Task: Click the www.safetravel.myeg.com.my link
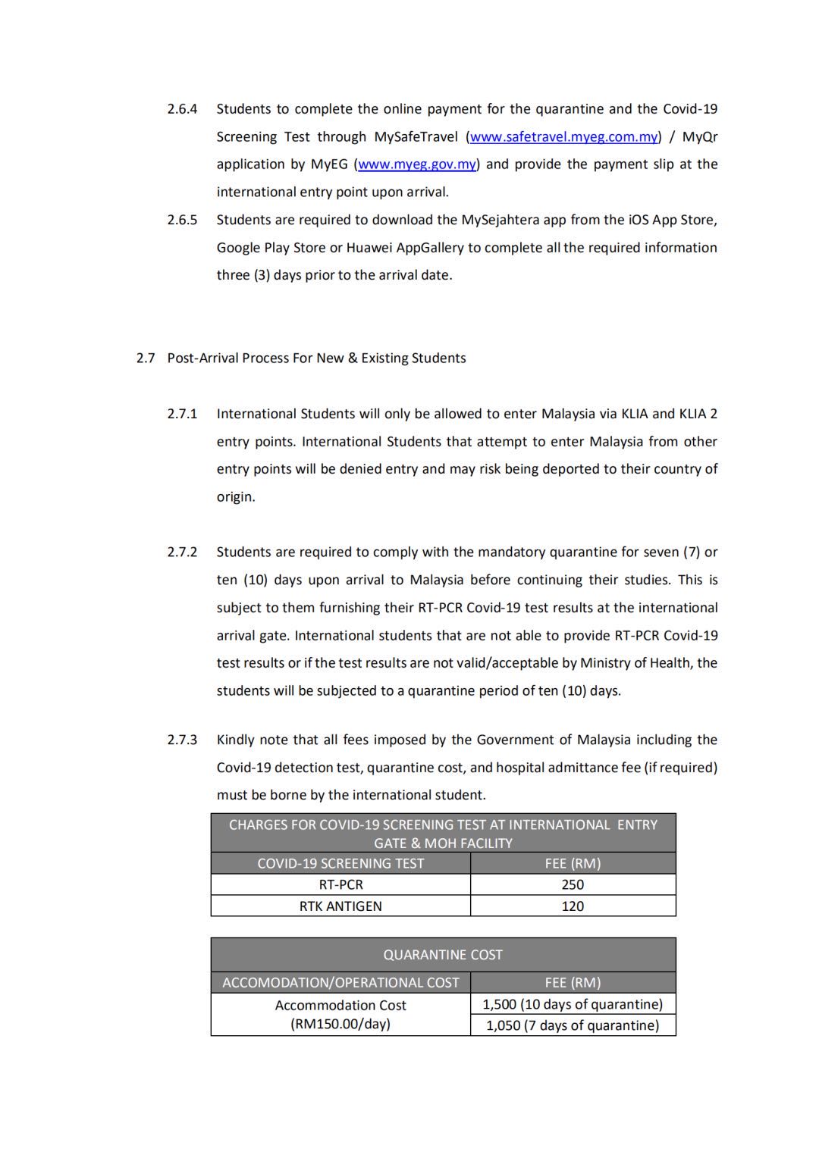pos(563,137)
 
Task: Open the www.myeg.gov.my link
pos(417,164)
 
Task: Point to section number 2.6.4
pos(182,109)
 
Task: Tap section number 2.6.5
pos(182,220)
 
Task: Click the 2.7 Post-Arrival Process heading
pos(301,358)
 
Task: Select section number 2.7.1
pos(182,414)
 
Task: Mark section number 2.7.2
pos(182,552)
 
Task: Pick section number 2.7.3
pos(182,740)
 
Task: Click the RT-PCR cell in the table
pos(340,885)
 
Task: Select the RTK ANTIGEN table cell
pos(340,906)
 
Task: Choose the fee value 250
pos(573,885)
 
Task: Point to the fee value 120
pos(573,906)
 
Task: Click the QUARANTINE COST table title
pos(443,955)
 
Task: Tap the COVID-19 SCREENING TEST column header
pos(340,864)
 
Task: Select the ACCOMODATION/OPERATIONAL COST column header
pos(340,983)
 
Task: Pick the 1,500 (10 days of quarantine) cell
pos(573,1005)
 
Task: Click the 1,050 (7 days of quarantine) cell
pos(573,1026)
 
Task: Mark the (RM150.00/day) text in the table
pos(340,1025)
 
